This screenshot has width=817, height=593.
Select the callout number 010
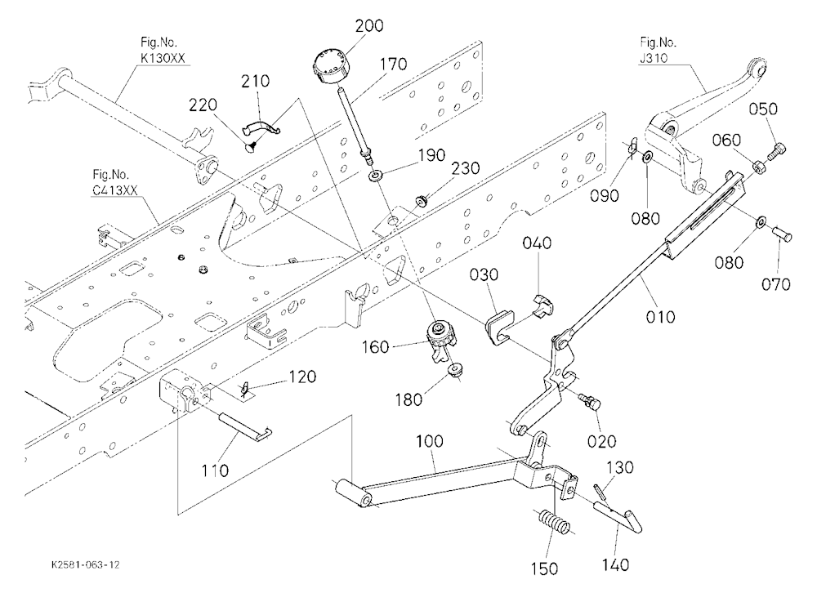[660, 316]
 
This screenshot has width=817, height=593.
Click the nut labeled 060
[759, 167]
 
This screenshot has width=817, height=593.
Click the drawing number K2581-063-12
[86, 565]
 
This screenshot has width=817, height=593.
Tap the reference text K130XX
[163, 58]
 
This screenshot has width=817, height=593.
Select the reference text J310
[654, 57]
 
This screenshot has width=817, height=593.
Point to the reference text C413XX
[114, 189]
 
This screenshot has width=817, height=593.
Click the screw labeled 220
[252, 148]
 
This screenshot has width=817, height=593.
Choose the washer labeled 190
[375, 176]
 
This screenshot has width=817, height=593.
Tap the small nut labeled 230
[421, 200]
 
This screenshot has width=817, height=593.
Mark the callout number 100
[430, 441]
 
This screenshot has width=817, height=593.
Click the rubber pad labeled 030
[500, 326]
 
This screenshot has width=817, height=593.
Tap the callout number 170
[394, 64]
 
